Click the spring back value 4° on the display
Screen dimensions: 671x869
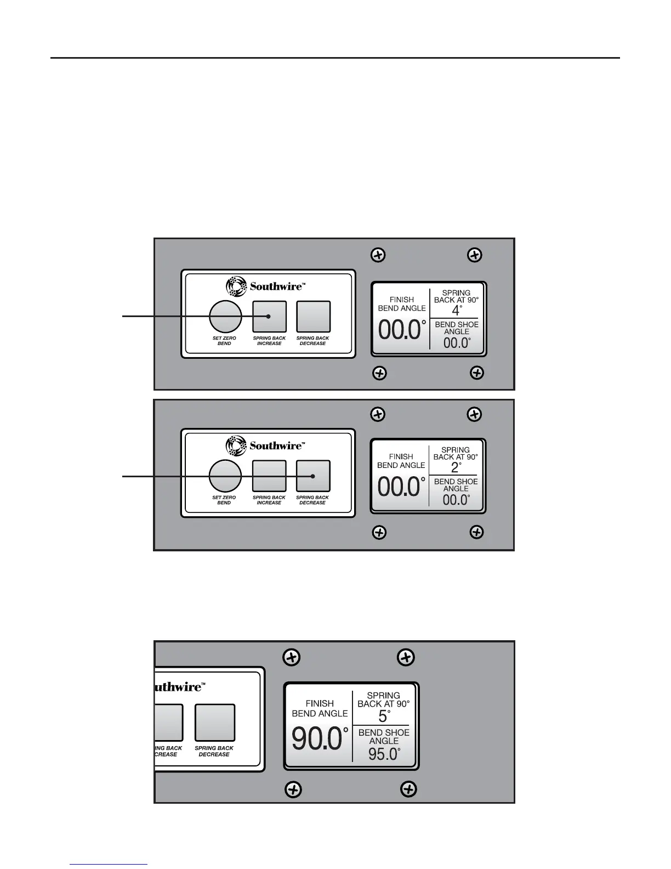click(456, 310)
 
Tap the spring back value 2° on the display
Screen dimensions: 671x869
click(455, 467)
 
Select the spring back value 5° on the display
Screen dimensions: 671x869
click(384, 716)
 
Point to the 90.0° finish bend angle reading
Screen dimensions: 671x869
click(320, 739)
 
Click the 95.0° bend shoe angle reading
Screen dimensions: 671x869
click(384, 754)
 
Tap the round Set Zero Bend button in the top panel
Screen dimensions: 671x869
click(225, 317)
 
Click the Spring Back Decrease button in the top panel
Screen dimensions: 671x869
click(313, 317)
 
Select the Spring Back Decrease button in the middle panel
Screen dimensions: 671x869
click(313, 476)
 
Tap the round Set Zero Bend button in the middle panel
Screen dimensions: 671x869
click(225, 476)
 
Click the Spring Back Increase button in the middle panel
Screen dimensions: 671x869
click(269, 476)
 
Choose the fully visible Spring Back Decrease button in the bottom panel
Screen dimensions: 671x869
click(215, 723)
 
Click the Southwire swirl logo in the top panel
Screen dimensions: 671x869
click(235, 286)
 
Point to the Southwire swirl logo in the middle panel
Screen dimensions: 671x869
click(235, 445)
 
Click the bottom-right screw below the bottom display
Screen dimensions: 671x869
click(408, 789)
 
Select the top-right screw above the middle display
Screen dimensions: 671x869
click(474, 414)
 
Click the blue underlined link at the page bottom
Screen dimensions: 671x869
click(109, 865)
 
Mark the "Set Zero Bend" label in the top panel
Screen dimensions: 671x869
click(224, 341)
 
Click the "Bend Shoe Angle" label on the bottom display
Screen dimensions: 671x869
click(384, 736)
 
